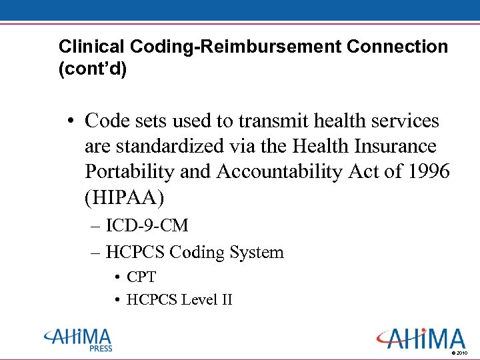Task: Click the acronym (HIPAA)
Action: coord(124,196)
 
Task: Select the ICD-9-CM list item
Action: coord(147,225)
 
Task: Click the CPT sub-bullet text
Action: coord(141,277)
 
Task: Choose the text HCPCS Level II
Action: coord(179,299)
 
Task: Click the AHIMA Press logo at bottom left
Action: coord(78,338)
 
